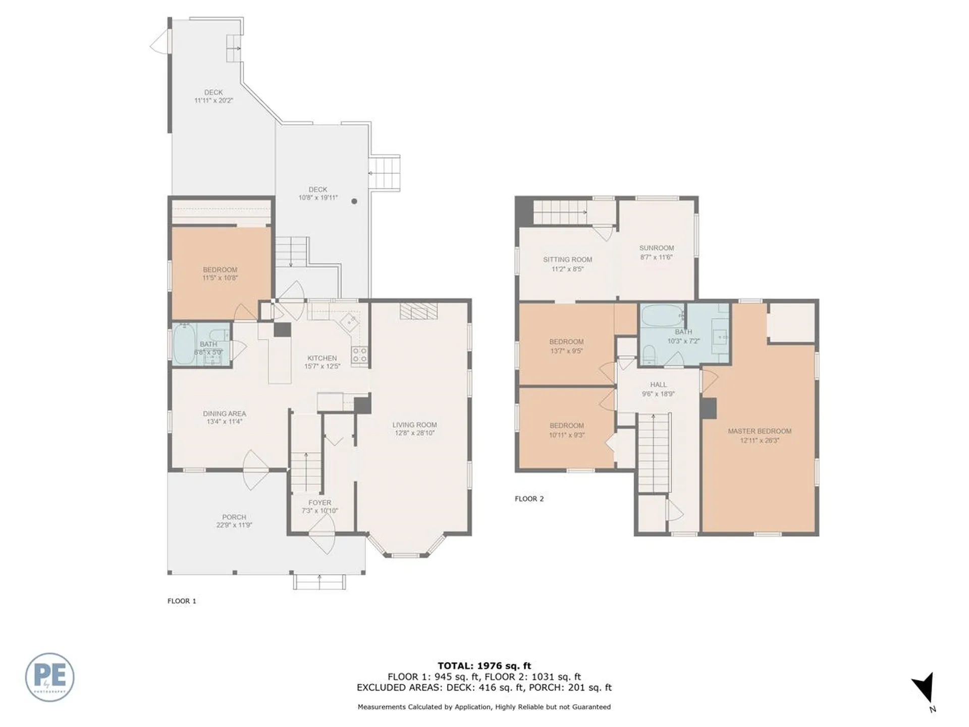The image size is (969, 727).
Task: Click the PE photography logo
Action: click(x=49, y=677)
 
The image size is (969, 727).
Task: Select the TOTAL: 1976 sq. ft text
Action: click(x=484, y=666)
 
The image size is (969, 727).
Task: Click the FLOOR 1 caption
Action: click(x=182, y=601)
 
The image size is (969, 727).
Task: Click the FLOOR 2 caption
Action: click(x=529, y=499)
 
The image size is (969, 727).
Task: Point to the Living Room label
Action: click(x=414, y=425)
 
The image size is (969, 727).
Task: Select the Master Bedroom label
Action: click(x=759, y=431)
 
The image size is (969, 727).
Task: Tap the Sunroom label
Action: click(x=656, y=248)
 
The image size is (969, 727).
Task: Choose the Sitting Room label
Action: click(x=567, y=259)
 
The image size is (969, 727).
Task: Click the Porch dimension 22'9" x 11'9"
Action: click(x=234, y=525)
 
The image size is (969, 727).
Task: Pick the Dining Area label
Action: click(x=225, y=413)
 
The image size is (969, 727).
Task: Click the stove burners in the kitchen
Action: click(x=360, y=355)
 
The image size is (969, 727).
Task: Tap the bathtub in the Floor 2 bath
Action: click(x=662, y=316)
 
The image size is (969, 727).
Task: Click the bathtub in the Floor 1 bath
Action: click(x=184, y=344)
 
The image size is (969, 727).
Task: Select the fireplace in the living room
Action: click(x=418, y=311)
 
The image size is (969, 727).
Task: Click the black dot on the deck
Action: click(x=354, y=201)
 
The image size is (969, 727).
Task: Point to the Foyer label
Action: click(x=319, y=503)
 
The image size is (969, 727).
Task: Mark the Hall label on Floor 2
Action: click(x=658, y=385)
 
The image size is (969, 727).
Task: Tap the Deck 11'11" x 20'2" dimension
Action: click(x=213, y=100)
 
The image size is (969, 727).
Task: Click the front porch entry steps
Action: click(x=320, y=582)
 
